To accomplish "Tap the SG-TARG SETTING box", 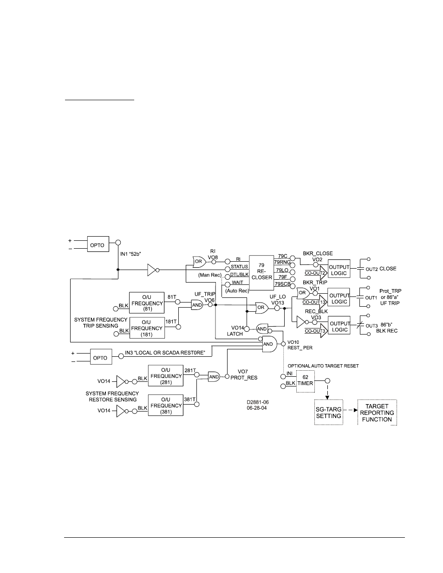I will pos(328,412).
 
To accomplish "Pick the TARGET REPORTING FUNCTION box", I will pos(377,412).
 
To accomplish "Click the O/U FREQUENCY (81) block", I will pos(147,303).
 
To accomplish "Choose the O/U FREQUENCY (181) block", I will pos(147,328).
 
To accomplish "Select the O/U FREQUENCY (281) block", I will pos(166,376).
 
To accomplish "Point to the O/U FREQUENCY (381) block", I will pos(166,405).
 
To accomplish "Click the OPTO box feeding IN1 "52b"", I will pos(97,245).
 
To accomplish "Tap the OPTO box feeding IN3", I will pos(100,358).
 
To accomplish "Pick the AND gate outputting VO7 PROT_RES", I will pos(214,377).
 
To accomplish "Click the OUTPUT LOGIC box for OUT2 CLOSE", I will pos(339,270).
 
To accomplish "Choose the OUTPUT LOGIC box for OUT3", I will pos(339,327).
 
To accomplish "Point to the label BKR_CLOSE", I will pos(318,254).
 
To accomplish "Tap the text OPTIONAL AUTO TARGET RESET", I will pos(323,366).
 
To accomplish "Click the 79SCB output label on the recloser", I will pos(282,284).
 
